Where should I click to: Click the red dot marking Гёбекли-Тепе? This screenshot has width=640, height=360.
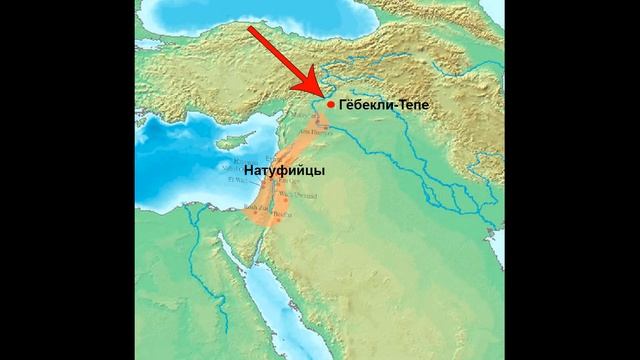pos(331,103)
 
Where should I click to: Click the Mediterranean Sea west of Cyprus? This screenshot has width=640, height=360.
pos(175,150)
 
